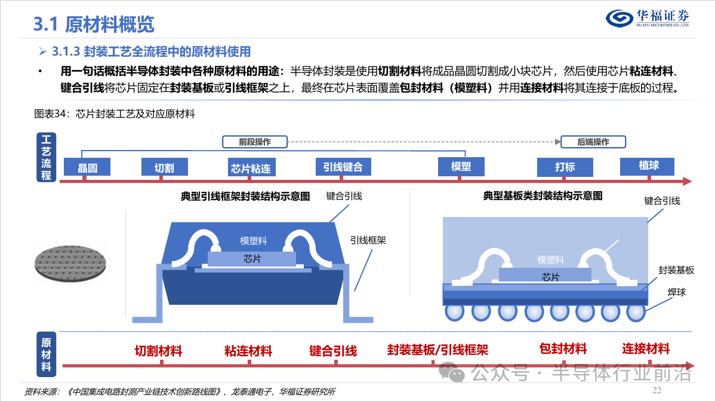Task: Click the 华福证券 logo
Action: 648,19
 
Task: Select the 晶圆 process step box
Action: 87,167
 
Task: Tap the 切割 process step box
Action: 164,167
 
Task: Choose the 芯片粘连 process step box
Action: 251,167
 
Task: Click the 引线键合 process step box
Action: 343,167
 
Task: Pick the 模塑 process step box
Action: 461,167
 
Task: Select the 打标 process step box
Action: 565,167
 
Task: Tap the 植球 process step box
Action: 647,166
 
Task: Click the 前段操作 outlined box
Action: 255,142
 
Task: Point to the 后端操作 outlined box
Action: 593,142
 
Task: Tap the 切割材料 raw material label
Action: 158,351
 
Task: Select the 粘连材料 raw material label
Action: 248,351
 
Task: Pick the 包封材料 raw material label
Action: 563,349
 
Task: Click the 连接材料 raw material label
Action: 646,349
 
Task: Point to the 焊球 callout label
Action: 677,292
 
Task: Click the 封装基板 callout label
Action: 676,270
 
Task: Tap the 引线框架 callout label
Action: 368,240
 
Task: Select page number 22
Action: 657,390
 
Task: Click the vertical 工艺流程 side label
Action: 46,157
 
